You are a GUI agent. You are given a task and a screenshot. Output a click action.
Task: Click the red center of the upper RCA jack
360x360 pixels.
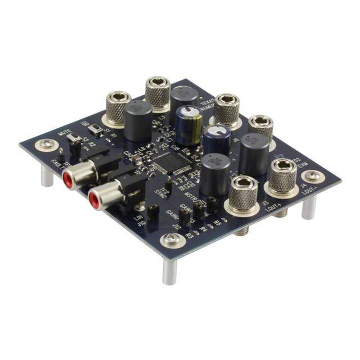pyautogui.click(x=67, y=181)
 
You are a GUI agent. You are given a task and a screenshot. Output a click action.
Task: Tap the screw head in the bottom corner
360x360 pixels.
pyautogui.click(x=171, y=241)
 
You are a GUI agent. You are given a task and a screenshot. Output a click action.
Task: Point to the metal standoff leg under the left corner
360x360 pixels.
pyautogui.click(x=47, y=175)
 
